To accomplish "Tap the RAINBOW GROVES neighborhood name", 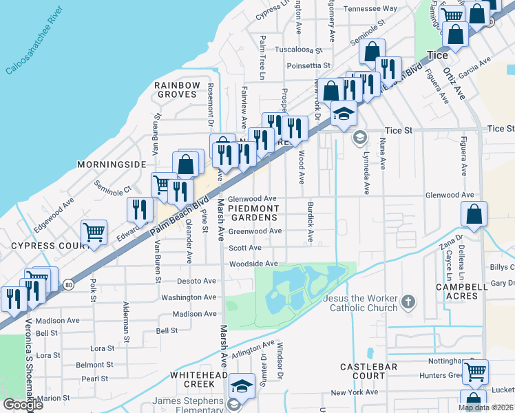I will (x=177, y=90).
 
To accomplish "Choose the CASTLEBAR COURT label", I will (x=368, y=372).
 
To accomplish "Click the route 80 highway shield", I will (x=67, y=283).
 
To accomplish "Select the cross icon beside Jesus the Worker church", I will (x=408, y=301).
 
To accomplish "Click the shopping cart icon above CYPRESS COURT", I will (x=94, y=233).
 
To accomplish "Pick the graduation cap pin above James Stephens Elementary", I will (x=242, y=385).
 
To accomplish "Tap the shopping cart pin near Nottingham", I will (x=475, y=372).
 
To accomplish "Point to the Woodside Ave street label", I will (x=253, y=264).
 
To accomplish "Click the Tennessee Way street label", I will (x=370, y=9).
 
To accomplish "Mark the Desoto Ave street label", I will (x=196, y=281).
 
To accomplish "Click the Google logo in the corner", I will (x=23, y=405).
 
